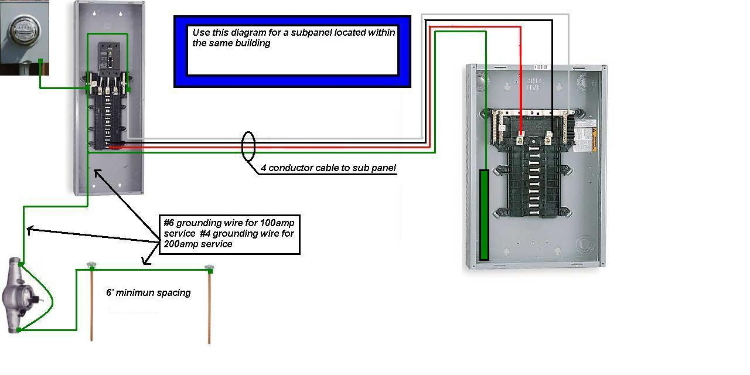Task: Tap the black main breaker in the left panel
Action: [108, 59]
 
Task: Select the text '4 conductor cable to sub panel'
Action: [328, 168]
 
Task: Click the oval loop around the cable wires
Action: [248, 146]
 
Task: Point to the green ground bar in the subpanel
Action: [484, 214]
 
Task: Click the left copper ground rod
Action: [91, 305]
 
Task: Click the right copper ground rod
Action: [209, 305]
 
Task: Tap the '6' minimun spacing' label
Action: [148, 292]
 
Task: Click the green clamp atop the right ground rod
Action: [209, 268]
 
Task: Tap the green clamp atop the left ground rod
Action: [92, 267]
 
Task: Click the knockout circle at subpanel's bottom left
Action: [483, 244]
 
